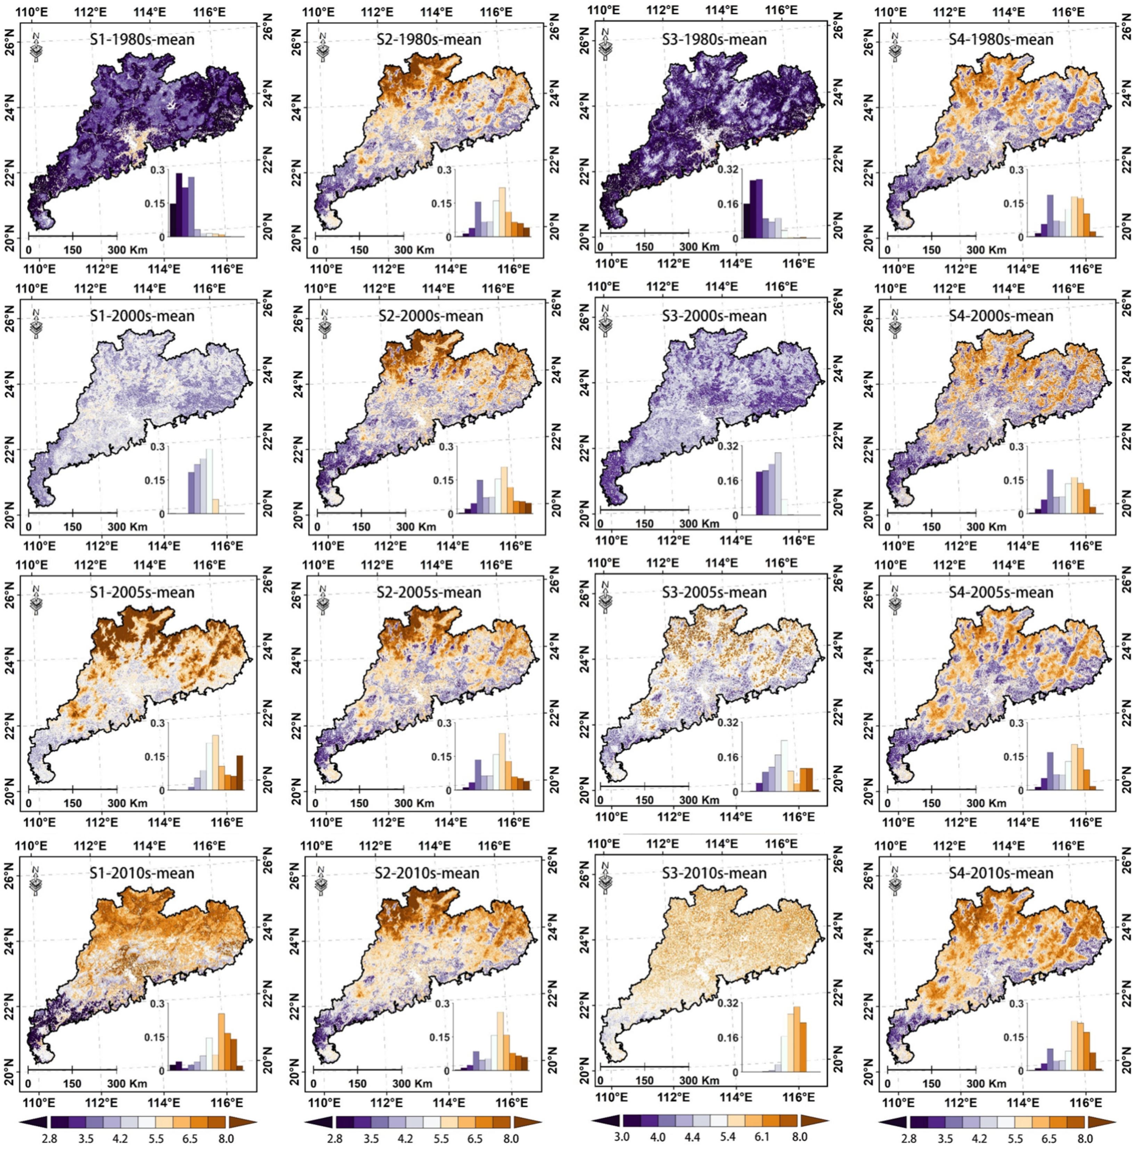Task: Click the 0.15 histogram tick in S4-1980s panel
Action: tap(1015, 203)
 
